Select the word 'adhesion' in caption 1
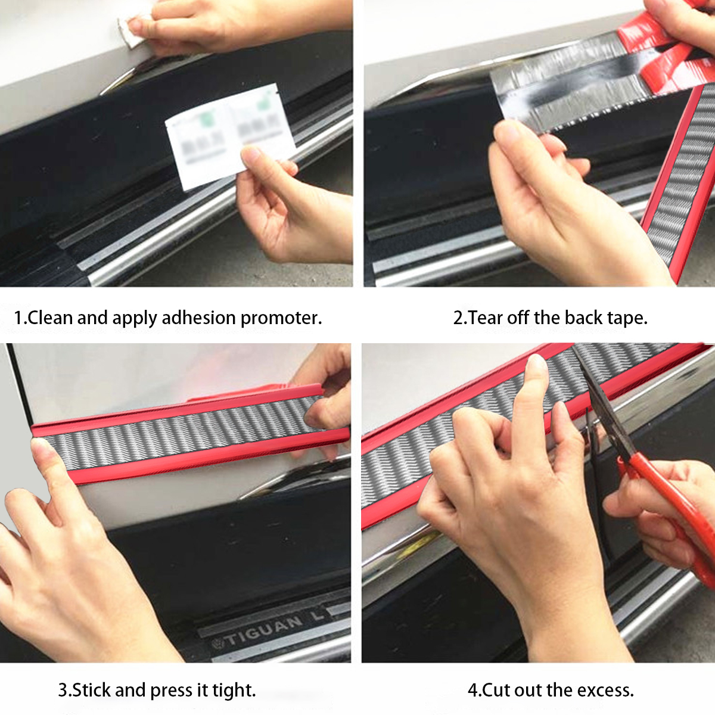(x=198, y=318)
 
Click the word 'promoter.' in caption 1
(x=281, y=318)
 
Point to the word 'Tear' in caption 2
(x=486, y=318)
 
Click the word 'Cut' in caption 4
(x=496, y=690)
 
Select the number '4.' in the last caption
(x=474, y=690)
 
